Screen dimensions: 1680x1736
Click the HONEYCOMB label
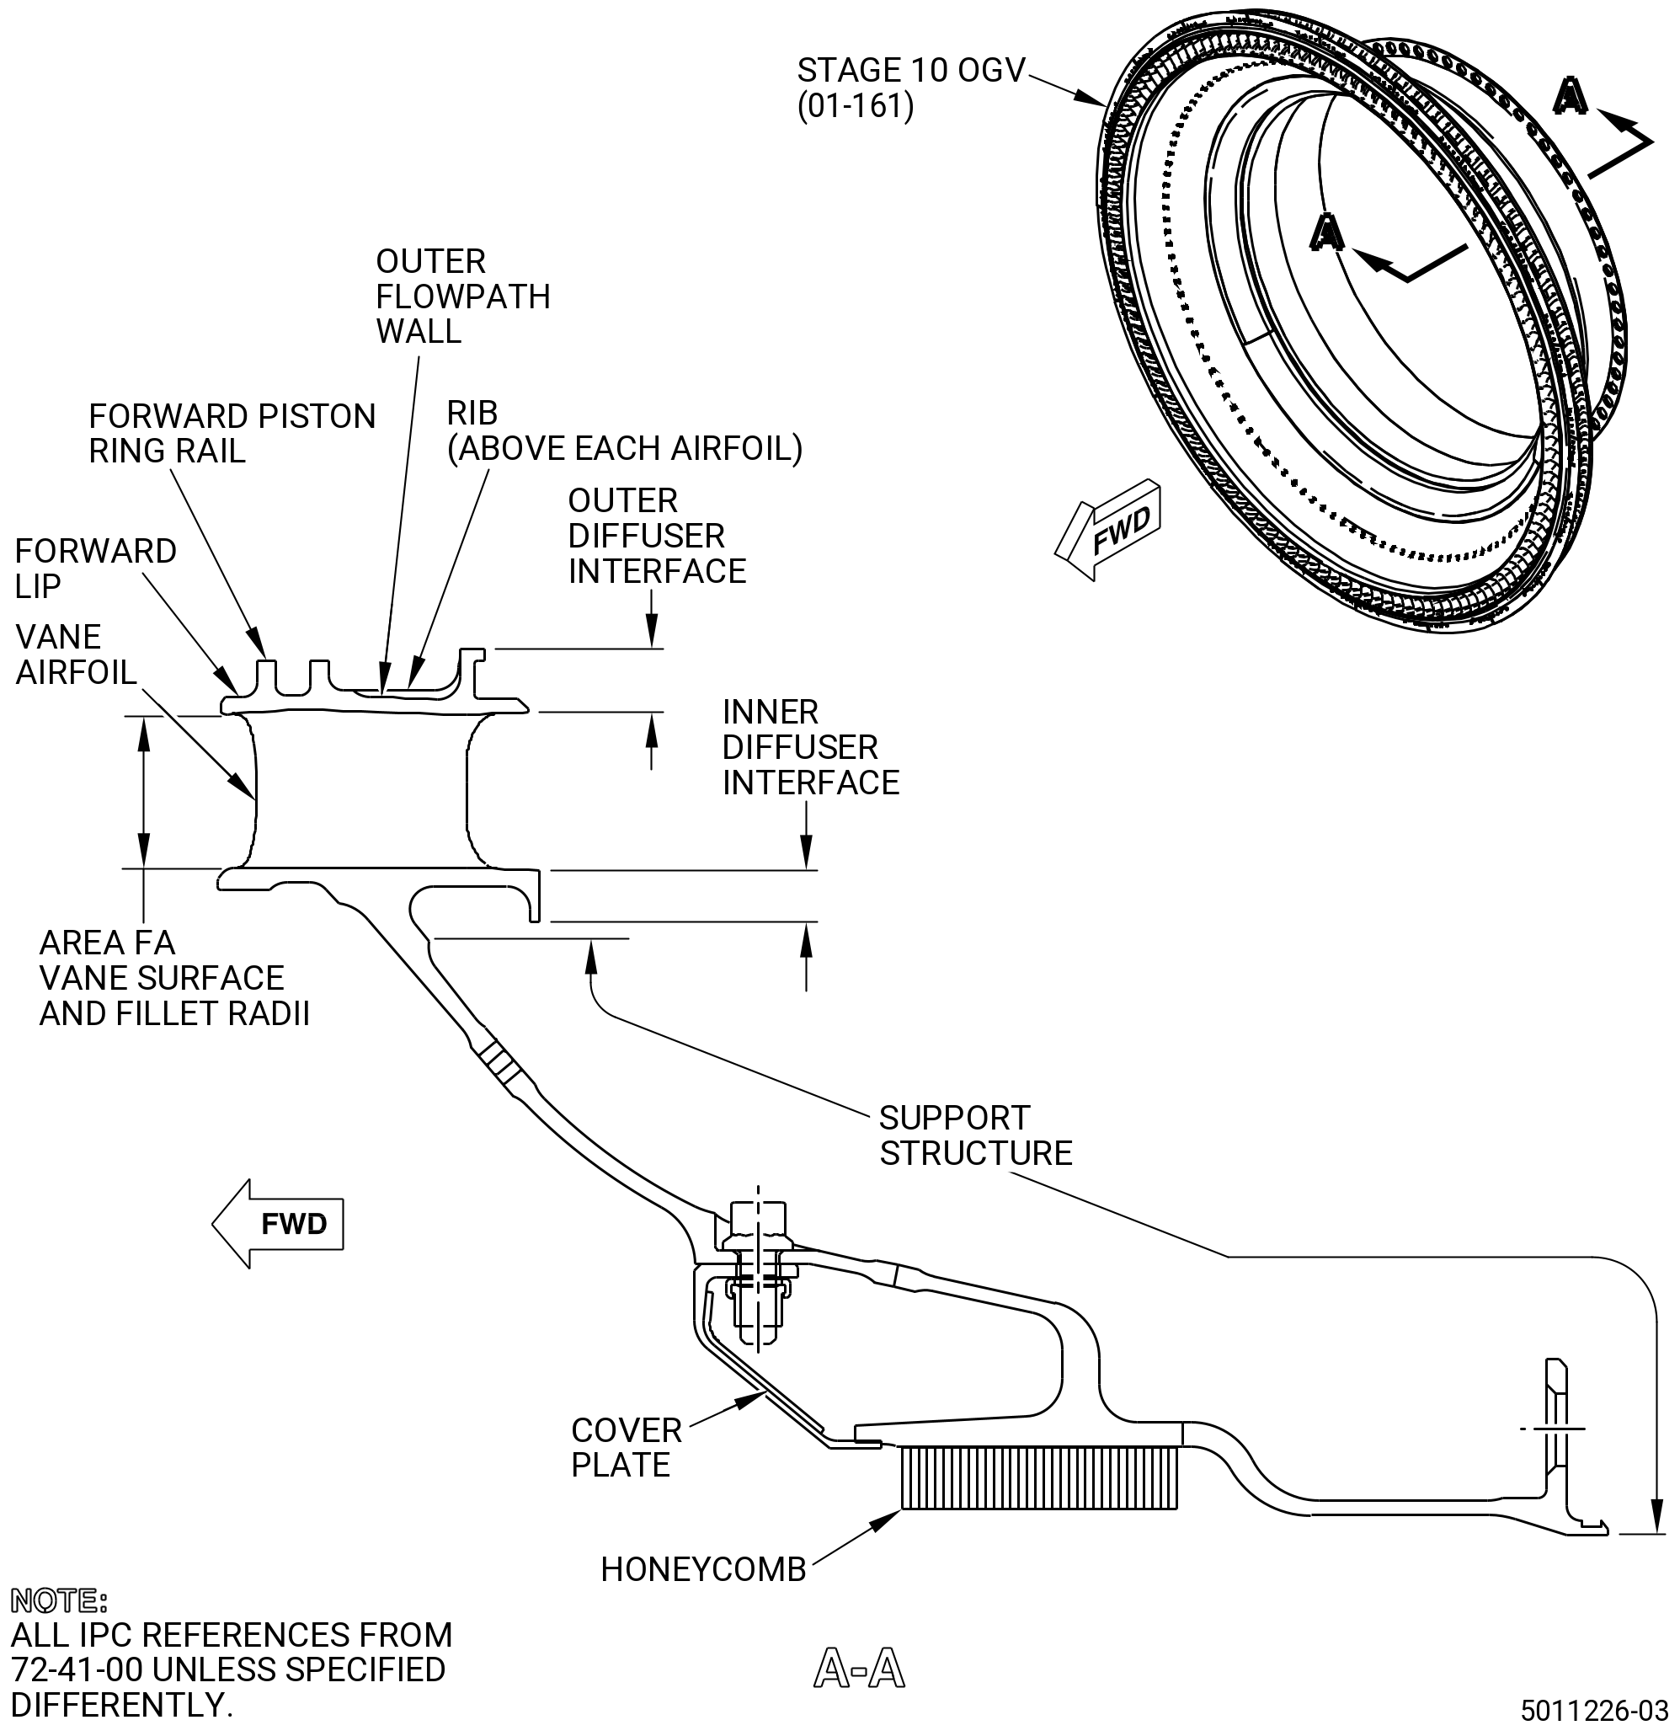pyautogui.click(x=703, y=1569)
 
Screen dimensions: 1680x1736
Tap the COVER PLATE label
pyautogui.click(x=627, y=1448)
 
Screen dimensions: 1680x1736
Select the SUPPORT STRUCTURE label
pyautogui.click(x=975, y=1135)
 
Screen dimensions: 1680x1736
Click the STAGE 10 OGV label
pyautogui.click(x=910, y=88)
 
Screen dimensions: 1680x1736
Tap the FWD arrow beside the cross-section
pyautogui.click(x=277, y=1223)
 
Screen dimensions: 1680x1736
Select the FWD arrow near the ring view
pyautogui.click(x=1107, y=529)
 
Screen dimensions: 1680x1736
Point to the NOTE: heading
pyautogui.click(x=59, y=1600)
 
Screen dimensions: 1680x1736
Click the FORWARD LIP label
pyautogui.click(x=96, y=569)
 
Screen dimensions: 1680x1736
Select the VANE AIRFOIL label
pyautogui.click(x=76, y=654)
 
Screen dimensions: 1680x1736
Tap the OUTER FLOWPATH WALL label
pyautogui.click(x=462, y=296)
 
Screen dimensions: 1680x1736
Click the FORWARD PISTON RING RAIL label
pyautogui.click(x=232, y=433)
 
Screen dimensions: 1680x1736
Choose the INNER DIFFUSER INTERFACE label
pyautogui.click(x=810, y=747)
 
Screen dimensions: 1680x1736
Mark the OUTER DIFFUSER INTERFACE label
pyautogui.click(x=657, y=536)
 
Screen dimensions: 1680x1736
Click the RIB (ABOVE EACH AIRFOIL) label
pyautogui.click(x=624, y=430)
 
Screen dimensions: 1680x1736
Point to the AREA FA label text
pyautogui.click(x=107, y=943)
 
